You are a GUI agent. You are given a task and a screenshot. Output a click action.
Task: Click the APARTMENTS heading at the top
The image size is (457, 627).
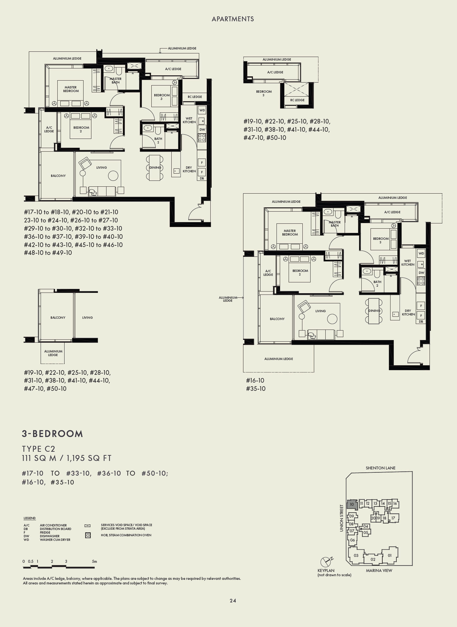click(x=233, y=19)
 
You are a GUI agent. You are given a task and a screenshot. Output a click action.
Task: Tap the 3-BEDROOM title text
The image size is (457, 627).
click(x=52, y=434)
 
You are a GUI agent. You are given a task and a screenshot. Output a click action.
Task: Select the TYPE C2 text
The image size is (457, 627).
click(x=39, y=449)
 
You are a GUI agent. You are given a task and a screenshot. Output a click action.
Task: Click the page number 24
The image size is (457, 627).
click(x=233, y=600)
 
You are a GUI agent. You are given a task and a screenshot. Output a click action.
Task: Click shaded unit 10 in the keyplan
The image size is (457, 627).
click(x=352, y=504)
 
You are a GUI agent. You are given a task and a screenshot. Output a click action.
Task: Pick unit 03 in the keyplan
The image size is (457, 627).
click(x=356, y=555)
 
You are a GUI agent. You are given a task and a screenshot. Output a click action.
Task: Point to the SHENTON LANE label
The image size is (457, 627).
click(x=380, y=468)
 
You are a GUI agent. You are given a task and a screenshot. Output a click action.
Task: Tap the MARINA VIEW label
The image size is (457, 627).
click(x=379, y=570)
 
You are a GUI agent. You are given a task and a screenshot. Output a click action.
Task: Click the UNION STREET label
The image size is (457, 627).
click(x=342, y=518)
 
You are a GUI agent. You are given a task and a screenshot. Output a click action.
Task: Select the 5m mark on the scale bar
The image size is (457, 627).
click(x=94, y=561)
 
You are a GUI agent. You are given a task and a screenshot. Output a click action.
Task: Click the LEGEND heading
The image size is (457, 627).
click(x=29, y=518)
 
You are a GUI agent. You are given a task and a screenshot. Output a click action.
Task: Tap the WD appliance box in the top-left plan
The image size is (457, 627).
click(x=202, y=110)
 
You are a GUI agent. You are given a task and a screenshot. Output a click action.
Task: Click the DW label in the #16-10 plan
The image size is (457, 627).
click(x=421, y=273)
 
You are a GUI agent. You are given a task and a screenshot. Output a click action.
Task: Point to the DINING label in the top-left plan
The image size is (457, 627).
click(x=155, y=167)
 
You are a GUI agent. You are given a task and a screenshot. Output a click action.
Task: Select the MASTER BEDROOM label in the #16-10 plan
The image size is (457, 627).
click(x=290, y=233)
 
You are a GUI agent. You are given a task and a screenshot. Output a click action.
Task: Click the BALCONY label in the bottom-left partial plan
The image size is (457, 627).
click(x=58, y=317)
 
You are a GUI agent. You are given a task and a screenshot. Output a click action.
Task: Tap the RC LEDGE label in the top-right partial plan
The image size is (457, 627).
click(x=297, y=100)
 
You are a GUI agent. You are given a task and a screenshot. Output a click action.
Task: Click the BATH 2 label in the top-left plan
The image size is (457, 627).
click(x=158, y=140)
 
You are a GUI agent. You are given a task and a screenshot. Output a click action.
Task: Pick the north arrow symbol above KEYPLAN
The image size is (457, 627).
click(x=326, y=561)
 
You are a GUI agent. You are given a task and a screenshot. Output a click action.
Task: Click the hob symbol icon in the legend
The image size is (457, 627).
click(x=88, y=535)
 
